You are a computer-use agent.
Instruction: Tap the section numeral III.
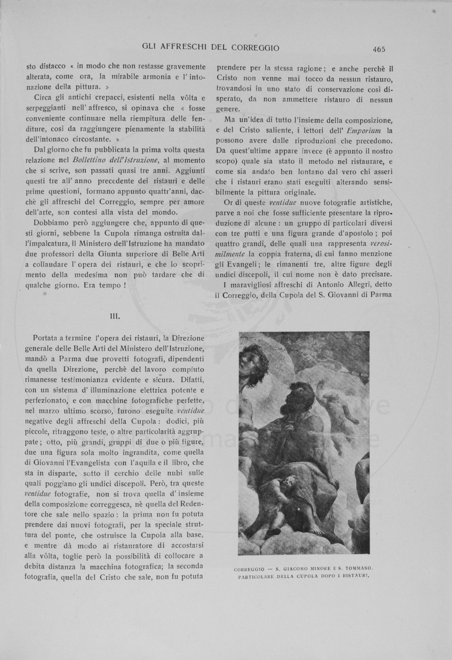pyautogui.click(x=115, y=317)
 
